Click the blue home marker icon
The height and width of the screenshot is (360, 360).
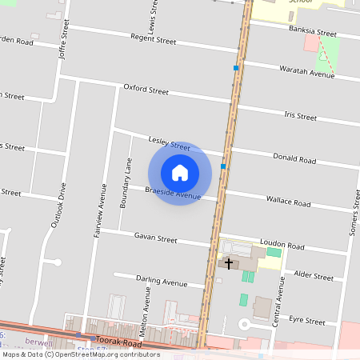[x=180, y=172]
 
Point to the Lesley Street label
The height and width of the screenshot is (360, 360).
[x=169, y=142]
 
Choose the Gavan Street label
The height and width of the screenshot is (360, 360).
[x=155, y=238]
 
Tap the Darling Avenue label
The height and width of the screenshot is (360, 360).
[x=162, y=282]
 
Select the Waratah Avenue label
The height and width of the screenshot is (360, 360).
[x=306, y=73]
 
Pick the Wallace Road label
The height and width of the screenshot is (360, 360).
[x=288, y=203]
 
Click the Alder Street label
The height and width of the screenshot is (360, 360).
[x=314, y=277]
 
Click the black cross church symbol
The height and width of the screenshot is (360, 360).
[x=229, y=263]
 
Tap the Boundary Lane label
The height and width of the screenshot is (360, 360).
[x=125, y=184]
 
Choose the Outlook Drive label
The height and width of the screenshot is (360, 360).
[x=58, y=206]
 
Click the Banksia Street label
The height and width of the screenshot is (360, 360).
[x=315, y=33]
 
